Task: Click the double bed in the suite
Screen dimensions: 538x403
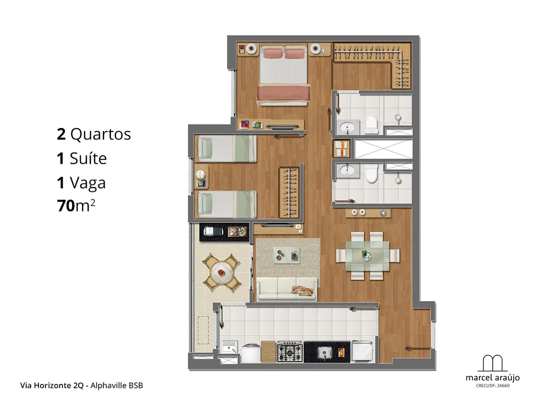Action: point(283,75)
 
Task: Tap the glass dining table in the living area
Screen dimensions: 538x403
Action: point(368,255)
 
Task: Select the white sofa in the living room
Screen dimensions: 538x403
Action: point(287,289)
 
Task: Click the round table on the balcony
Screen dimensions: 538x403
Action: point(222,273)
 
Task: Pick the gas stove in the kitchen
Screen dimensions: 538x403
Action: point(290,352)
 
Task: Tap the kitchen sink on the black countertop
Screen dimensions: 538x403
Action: point(324,352)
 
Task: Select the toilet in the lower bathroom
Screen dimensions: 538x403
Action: point(371,173)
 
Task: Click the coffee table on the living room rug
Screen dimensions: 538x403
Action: point(286,255)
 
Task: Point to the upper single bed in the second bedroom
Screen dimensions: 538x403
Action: point(227,149)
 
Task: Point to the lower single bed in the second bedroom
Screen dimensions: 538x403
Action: point(227,204)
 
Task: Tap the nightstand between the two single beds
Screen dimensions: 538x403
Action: point(201,176)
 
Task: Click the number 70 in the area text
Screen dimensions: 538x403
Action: point(66,206)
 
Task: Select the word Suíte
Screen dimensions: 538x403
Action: point(88,158)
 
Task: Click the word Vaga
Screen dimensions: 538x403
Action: point(88,183)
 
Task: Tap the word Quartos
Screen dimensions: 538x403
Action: point(100,135)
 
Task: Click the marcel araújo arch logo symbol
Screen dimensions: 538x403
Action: point(493,363)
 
